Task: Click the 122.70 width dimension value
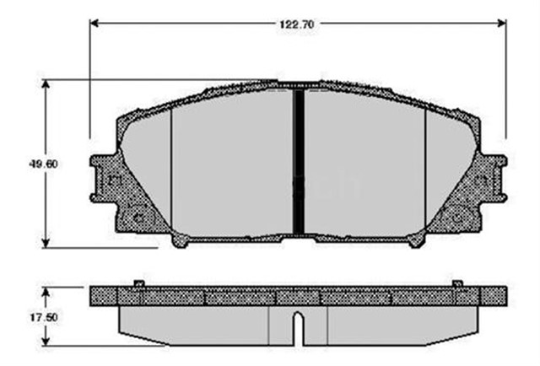(297, 24)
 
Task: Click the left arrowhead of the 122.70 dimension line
(94, 24)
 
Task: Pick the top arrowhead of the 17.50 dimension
(46, 290)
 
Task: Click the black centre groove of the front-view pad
(298, 160)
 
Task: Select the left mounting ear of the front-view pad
(103, 179)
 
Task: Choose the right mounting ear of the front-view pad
(493, 179)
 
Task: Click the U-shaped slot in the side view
(298, 327)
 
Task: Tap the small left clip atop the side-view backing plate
(139, 283)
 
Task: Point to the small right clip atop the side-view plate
(456, 283)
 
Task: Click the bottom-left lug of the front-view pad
(181, 240)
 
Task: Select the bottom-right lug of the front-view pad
(415, 240)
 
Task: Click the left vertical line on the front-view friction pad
(171, 169)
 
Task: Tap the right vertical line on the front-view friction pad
(425, 169)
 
